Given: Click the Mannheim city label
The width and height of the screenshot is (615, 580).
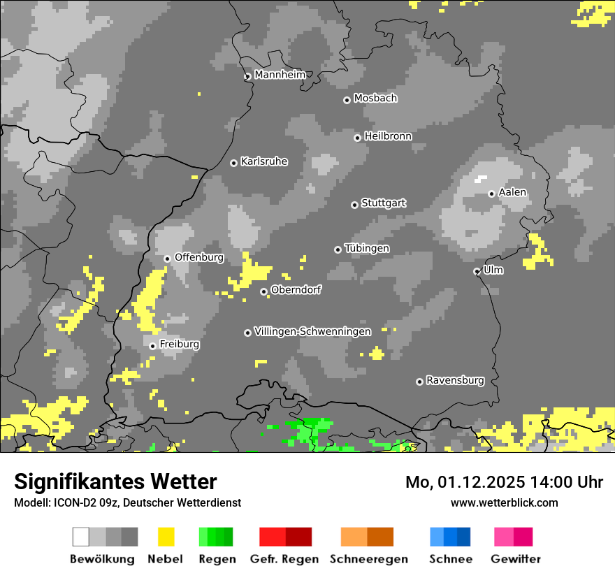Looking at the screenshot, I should tap(280, 75).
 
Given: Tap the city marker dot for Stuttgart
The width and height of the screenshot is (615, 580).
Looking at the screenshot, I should tap(354, 205).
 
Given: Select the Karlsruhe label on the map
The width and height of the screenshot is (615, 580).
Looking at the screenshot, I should tap(263, 161).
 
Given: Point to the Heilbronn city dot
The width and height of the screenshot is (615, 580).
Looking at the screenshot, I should tap(357, 138).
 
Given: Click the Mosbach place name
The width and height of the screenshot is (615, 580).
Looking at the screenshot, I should tap(375, 99).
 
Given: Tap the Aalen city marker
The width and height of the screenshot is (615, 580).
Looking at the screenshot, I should tap(491, 194).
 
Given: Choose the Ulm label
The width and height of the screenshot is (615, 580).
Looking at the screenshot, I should tap(493, 270).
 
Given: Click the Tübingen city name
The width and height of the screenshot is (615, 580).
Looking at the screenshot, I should tap(367, 249).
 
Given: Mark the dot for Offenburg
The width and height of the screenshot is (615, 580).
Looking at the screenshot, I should tap(167, 259).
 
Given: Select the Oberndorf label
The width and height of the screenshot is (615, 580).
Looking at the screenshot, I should tap(296, 290).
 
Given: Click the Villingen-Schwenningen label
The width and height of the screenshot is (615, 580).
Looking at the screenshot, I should tap(312, 331).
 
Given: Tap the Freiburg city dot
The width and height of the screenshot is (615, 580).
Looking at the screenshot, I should tap(152, 346).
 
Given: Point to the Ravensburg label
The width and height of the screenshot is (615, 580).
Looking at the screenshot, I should tap(455, 380).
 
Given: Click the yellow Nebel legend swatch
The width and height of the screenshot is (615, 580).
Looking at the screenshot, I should tap(166, 537).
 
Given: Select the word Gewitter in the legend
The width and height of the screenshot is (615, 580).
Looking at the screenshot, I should tap(515, 559).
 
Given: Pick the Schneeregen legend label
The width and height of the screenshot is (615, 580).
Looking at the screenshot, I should tap(368, 559).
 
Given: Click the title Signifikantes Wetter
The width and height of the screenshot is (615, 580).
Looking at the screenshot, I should tap(115, 481).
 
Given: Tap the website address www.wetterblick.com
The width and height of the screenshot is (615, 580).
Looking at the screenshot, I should tap(504, 502).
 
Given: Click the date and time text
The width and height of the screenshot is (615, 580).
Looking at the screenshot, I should tap(504, 482).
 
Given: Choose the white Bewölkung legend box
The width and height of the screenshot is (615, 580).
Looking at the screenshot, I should tap(81, 537).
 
